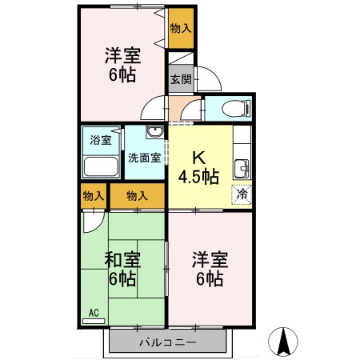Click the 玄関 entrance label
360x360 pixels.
[181, 79]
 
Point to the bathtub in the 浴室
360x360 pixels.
[101, 166]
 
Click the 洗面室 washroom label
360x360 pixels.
[145, 158]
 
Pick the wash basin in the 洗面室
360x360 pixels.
[155, 132]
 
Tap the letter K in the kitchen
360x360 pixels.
[198, 158]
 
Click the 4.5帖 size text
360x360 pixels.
[199, 177]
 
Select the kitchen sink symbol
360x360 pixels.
[241, 168]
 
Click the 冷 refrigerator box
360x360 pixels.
[241, 194]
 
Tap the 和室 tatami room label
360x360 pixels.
[122, 260]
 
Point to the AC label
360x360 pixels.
[92, 313]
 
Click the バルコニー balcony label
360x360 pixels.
[168, 342]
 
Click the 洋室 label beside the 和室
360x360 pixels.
[210, 260]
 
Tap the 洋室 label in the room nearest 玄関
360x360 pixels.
[122, 56]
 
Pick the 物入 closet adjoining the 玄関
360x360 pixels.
[181, 28]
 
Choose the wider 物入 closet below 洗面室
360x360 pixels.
[138, 195]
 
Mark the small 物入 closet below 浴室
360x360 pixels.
[93, 195]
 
